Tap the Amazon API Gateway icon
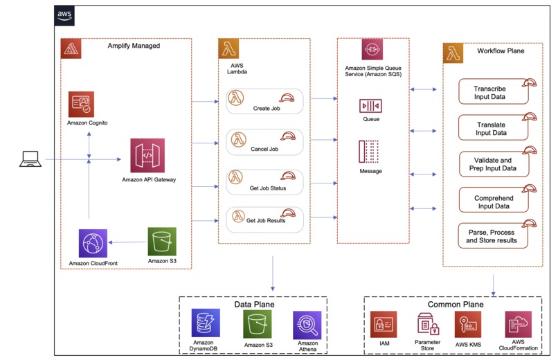147,156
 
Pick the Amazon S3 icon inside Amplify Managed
161,242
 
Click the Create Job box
266,102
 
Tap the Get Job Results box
266,219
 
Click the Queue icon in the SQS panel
370,105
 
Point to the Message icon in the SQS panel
370,152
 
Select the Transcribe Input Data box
494,92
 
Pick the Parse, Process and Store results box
494,235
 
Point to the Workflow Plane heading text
501,51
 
